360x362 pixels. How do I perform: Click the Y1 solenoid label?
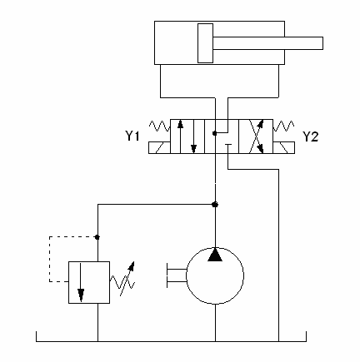132,136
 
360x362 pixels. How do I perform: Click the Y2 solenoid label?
310,136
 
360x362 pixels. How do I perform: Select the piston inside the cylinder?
205,43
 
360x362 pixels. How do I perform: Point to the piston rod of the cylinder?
267,43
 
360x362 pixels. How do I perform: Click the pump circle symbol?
215,276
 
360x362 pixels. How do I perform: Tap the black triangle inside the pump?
215,255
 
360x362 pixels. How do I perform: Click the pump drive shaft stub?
177,275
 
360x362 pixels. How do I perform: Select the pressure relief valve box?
89,282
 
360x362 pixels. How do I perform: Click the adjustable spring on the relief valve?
122,279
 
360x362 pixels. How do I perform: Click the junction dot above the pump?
215,205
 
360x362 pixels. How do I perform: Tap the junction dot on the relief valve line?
97,237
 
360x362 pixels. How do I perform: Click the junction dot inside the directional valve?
215,133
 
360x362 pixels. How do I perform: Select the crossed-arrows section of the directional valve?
256,136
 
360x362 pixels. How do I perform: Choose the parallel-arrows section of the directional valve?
187,136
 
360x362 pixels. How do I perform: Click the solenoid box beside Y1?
159,147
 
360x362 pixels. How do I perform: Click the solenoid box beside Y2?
284,147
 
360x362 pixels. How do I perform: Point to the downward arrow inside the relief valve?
81,282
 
